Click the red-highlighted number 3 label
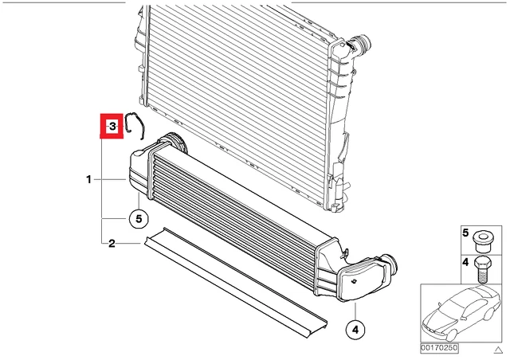112,126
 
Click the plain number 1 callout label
88,179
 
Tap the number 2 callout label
112,243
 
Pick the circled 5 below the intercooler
139,219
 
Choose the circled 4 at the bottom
355,330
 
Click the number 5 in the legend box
465,233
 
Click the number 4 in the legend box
465,262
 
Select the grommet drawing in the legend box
483,241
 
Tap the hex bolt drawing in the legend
482,269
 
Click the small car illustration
461,314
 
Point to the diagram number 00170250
439,348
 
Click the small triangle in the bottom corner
499,350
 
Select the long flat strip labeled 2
235,282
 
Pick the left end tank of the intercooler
139,169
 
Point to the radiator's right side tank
338,123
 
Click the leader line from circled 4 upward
355,311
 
